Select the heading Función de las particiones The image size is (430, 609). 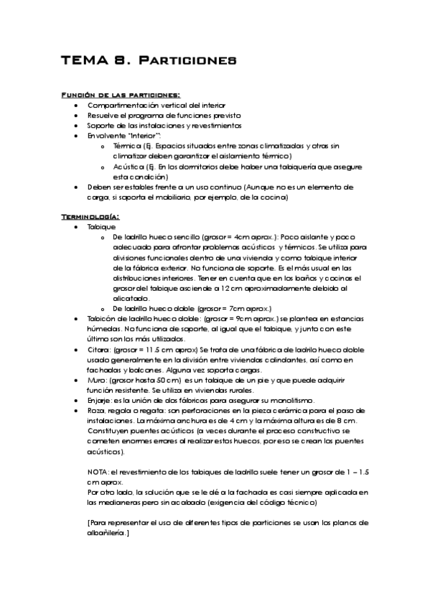pos(120,95)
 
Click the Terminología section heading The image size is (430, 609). pos(90,216)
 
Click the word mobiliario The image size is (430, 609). pos(189,195)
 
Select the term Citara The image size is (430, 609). pos(98,348)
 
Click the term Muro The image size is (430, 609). pos(96,378)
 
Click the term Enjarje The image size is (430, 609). pos(99,399)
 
